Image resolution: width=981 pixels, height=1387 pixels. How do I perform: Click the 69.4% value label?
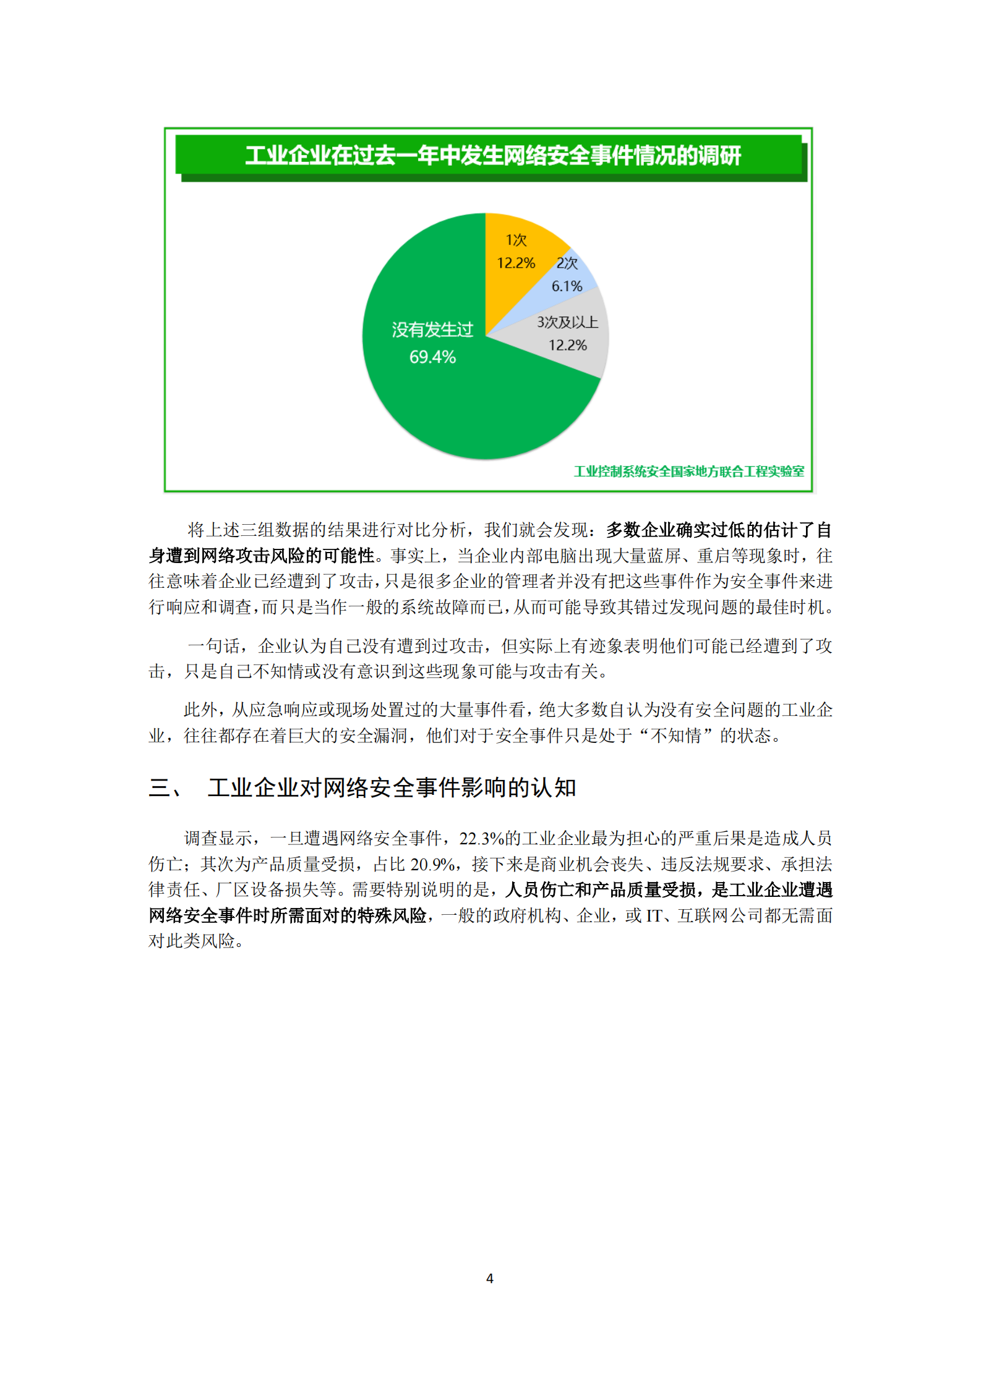pyautogui.click(x=432, y=357)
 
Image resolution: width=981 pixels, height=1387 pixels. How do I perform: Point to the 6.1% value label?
pyautogui.click(x=567, y=286)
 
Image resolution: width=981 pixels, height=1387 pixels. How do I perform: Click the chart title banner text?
pyautogui.click(x=492, y=155)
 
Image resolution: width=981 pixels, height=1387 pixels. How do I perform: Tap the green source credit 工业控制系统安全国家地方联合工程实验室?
pyautogui.click(x=688, y=472)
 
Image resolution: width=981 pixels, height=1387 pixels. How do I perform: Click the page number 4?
pyautogui.click(x=490, y=1278)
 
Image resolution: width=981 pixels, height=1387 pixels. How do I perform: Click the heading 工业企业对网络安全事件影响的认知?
pyautogui.click(x=392, y=788)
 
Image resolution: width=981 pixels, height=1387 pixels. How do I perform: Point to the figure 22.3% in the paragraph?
pyautogui.click(x=481, y=839)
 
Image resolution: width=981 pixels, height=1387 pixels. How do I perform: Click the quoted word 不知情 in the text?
pyautogui.click(x=676, y=736)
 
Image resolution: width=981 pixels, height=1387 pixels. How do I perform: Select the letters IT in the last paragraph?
pyautogui.click(x=654, y=915)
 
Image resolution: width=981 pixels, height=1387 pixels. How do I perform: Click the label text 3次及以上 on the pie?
pyautogui.click(x=567, y=322)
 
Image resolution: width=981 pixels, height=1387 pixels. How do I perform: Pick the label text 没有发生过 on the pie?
pyautogui.click(x=432, y=330)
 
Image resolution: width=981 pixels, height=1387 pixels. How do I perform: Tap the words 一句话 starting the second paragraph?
pyautogui.click(x=213, y=646)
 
